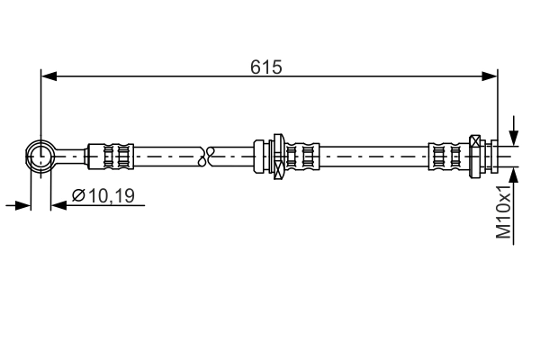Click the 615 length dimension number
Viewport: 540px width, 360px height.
pos(267,66)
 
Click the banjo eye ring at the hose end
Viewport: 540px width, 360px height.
pos(40,155)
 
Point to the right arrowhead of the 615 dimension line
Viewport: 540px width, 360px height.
pos(490,76)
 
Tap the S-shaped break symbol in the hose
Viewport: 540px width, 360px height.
pos(210,155)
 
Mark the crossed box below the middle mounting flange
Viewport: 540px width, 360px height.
pos(279,168)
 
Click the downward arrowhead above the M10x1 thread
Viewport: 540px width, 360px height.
pos(512,137)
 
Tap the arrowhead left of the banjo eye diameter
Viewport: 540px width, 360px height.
pos(22,205)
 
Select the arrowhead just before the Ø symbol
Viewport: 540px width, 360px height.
pos(58,205)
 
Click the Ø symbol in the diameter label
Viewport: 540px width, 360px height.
pos(77,194)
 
